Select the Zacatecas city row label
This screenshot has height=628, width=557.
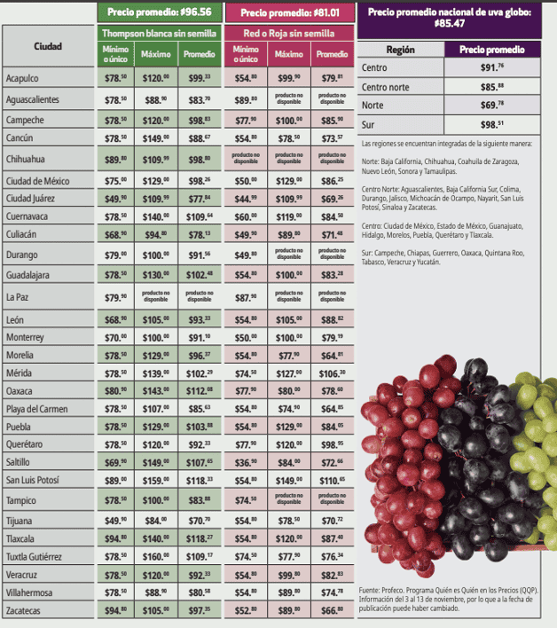click(26, 612)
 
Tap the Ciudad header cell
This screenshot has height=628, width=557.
click(48, 45)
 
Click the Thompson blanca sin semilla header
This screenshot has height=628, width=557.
click(158, 33)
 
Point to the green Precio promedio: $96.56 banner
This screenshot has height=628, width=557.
click(158, 12)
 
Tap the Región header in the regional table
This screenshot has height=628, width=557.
click(401, 50)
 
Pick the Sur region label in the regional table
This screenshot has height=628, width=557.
click(369, 125)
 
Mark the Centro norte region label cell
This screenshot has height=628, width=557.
click(387, 87)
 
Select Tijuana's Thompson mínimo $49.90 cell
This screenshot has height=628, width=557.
click(116, 521)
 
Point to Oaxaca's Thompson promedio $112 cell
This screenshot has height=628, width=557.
click(199, 390)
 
